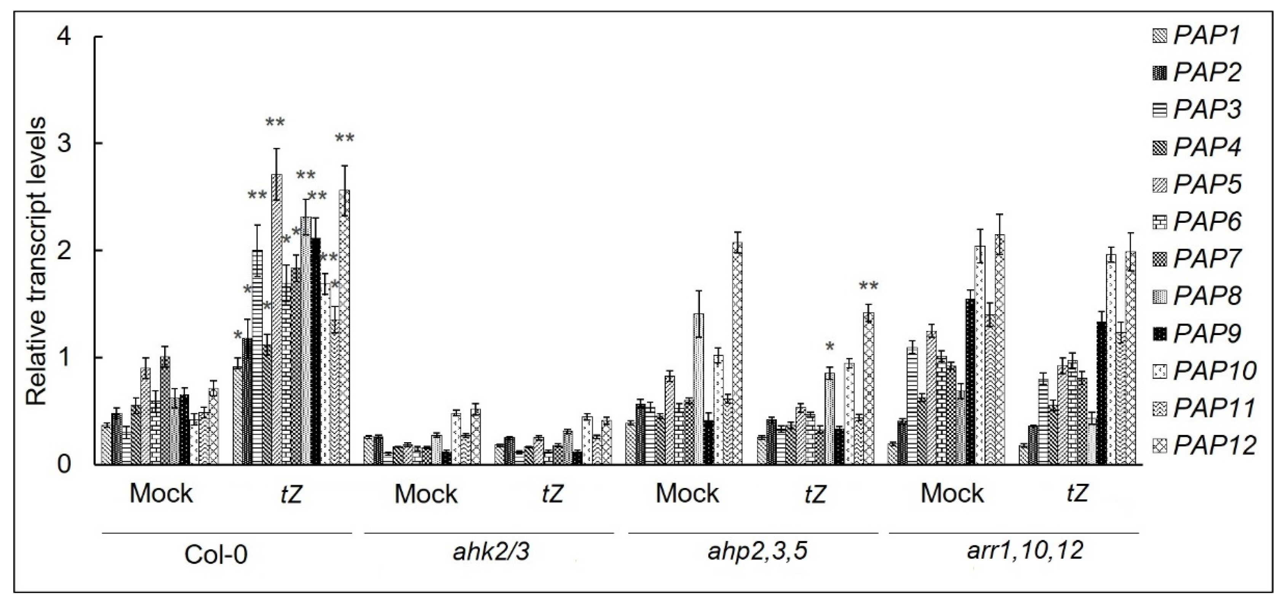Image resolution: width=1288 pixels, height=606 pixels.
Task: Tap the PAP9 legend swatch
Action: pos(1160,334)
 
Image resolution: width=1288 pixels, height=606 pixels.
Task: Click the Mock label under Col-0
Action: pos(161,494)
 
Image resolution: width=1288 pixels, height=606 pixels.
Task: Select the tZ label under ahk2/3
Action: pos(553,494)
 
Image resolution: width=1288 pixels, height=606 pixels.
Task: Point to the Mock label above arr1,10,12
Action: pos(952,494)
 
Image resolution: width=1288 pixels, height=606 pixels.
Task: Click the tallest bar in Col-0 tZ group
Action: pos(276,320)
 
